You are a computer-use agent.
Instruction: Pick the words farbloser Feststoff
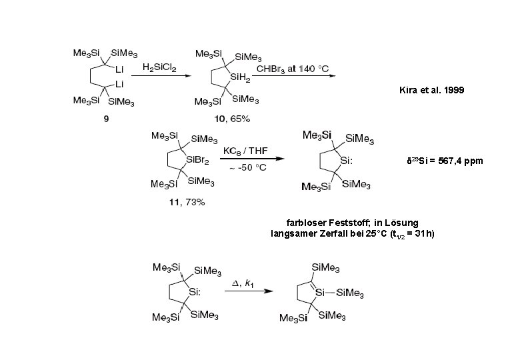pyautogui.click(x=319, y=222)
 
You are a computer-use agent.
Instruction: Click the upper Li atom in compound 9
pyautogui.click(x=120, y=69)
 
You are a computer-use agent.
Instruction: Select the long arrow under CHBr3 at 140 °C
pyautogui.click(x=294, y=77)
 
